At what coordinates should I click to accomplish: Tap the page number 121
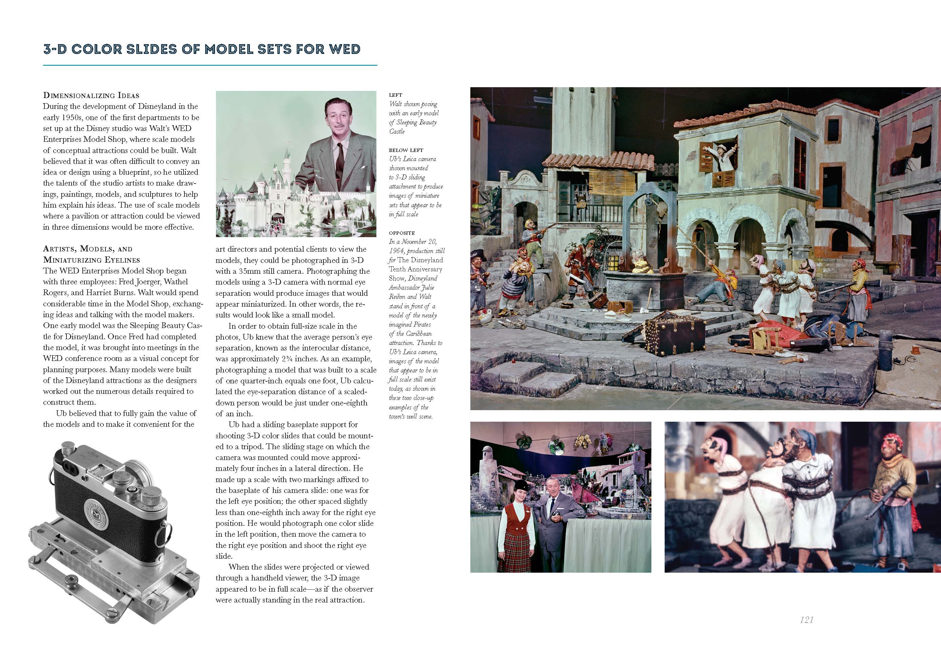pyautogui.click(x=806, y=620)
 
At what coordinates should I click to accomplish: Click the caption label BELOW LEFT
pyautogui.click(x=406, y=150)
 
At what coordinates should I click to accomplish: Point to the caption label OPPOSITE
pyautogui.click(x=401, y=233)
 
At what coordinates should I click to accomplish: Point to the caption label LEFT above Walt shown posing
pyautogui.click(x=395, y=95)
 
